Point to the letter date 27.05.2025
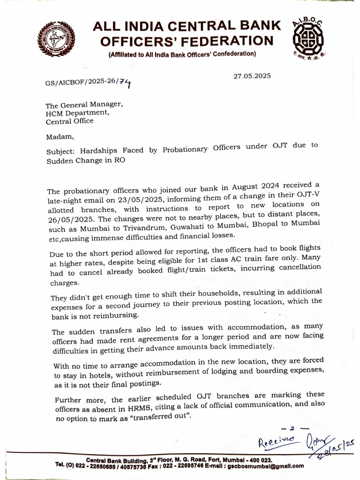click(252, 76)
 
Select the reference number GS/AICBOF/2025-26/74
click(88, 83)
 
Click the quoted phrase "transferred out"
click(163, 416)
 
